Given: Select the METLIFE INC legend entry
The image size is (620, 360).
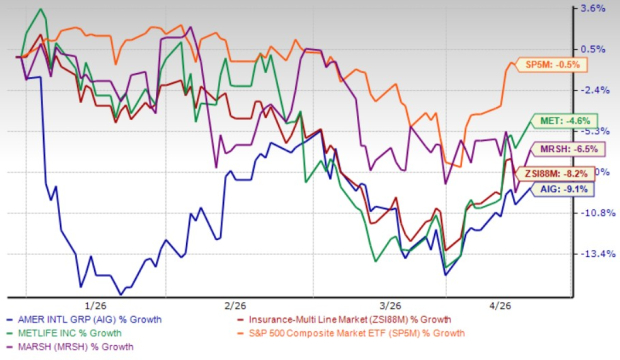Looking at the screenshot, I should (76, 332).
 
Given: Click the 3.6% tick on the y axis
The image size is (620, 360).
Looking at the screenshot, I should (593, 9).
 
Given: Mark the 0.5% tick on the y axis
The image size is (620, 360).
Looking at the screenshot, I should (593, 49).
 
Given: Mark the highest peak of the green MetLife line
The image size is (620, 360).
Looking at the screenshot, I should (40, 10).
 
